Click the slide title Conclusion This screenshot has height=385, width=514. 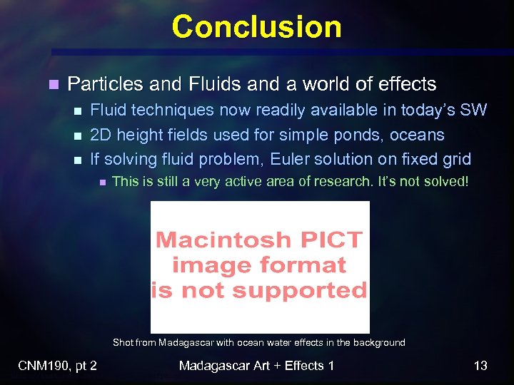(256, 27)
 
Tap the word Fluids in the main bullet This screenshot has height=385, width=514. (216, 84)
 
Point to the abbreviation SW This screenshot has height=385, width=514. (473, 110)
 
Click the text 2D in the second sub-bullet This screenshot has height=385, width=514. (100, 135)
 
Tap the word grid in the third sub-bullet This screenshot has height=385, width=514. (455, 159)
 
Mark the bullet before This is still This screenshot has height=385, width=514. (101, 183)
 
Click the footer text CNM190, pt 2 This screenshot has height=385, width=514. (57, 366)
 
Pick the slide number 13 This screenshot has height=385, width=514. (480, 366)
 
